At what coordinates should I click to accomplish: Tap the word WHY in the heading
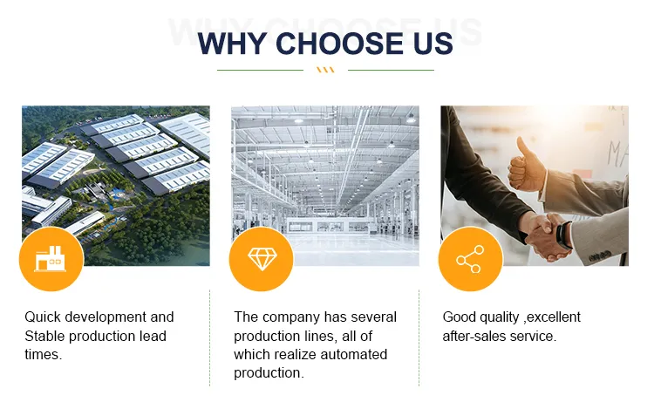tap(229, 44)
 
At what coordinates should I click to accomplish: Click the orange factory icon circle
tap(51, 259)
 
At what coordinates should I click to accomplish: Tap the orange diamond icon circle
tap(260, 259)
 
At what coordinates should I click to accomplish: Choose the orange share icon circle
tap(469, 259)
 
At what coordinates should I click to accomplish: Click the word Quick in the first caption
tap(43, 317)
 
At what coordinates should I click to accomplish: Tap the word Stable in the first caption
tap(44, 336)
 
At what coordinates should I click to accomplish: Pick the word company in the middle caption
tap(294, 317)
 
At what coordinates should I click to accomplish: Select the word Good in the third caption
tap(459, 317)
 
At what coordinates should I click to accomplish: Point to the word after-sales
tap(475, 336)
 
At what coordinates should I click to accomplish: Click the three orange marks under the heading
tap(325, 70)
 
